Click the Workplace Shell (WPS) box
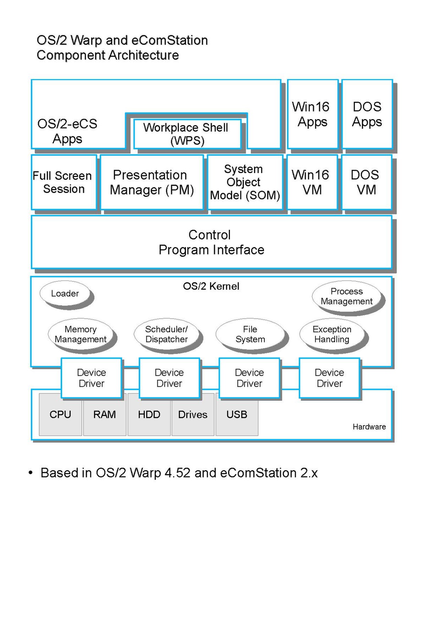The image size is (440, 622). point(187,134)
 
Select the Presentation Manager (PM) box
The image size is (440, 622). point(152,182)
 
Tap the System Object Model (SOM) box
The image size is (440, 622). point(245,182)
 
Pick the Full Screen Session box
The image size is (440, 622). point(64,182)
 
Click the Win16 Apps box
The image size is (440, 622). point(313,114)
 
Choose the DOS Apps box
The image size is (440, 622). point(367,114)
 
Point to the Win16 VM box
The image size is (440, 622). point(312,182)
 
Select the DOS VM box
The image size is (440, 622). point(366,182)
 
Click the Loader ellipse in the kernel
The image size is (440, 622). point(65,293)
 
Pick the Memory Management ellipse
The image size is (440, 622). point(80,334)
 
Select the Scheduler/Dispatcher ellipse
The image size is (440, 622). point(166,334)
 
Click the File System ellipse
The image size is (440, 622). point(250,334)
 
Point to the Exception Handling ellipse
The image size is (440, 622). point(332,334)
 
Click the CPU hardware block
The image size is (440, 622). point(60,415)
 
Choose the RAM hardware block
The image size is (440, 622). point(104,415)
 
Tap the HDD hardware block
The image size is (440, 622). point(149,415)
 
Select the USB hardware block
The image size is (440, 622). point(237,415)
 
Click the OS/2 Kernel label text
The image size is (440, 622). point(211,286)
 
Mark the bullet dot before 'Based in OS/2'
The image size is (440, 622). point(31,473)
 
